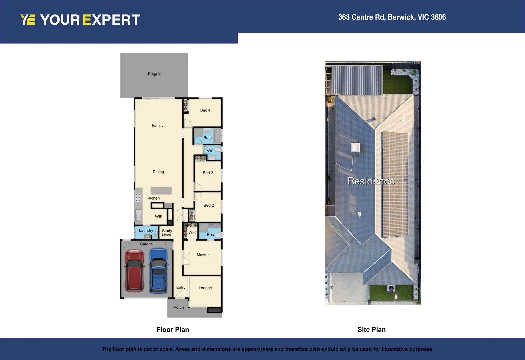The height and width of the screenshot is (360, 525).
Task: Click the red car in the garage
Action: pyautogui.click(x=134, y=271)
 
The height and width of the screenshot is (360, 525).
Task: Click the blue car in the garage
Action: pyautogui.click(x=159, y=271)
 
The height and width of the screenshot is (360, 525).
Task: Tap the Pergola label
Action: pyautogui.click(x=154, y=74)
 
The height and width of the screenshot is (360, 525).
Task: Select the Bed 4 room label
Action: pyautogui.click(x=205, y=110)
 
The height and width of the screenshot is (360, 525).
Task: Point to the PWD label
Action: pyautogui.click(x=209, y=151)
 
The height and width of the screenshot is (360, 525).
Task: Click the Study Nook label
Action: pyautogui.click(x=167, y=233)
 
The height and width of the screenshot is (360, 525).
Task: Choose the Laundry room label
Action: pyautogui.click(x=146, y=231)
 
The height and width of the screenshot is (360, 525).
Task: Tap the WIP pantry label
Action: pyautogui.click(x=159, y=217)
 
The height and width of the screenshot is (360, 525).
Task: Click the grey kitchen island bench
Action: pyautogui.click(x=161, y=191)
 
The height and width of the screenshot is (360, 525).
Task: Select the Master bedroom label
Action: pyautogui.click(x=203, y=255)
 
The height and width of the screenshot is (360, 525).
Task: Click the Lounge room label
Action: pyautogui.click(x=205, y=288)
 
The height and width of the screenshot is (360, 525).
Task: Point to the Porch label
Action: pyautogui.click(x=179, y=307)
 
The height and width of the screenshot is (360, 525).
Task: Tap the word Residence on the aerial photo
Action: pyautogui.click(x=371, y=181)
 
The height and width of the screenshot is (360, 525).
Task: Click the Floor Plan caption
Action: pyautogui.click(x=173, y=330)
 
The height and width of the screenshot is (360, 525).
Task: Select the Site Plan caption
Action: pyautogui.click(x=371, y=330)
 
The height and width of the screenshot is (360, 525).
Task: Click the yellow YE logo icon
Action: pyautogui.click(x=28, y=20)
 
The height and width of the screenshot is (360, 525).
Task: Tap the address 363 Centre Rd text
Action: pyautogui.click(x=392, y=17)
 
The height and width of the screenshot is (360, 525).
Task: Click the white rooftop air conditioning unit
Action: pyautogui.click(x=355, y=147)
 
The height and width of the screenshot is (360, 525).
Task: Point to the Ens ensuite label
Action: pyautogui.click(x=210, y=235)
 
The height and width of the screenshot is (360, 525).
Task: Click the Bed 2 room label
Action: pyautogui.click(x=209, y=205)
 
